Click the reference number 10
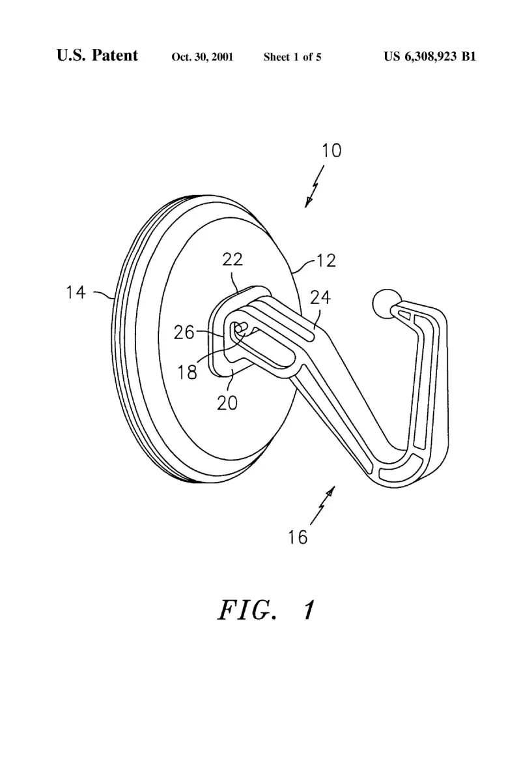click(331, 150)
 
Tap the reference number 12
click(326, 260)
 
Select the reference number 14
click(76, 292)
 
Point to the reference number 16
click(298, 537)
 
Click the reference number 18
click(187, 373)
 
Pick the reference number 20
click(227, 402)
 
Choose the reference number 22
click(232, 259)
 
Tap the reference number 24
click(320, 297)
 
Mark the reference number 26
click(184, 333)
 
